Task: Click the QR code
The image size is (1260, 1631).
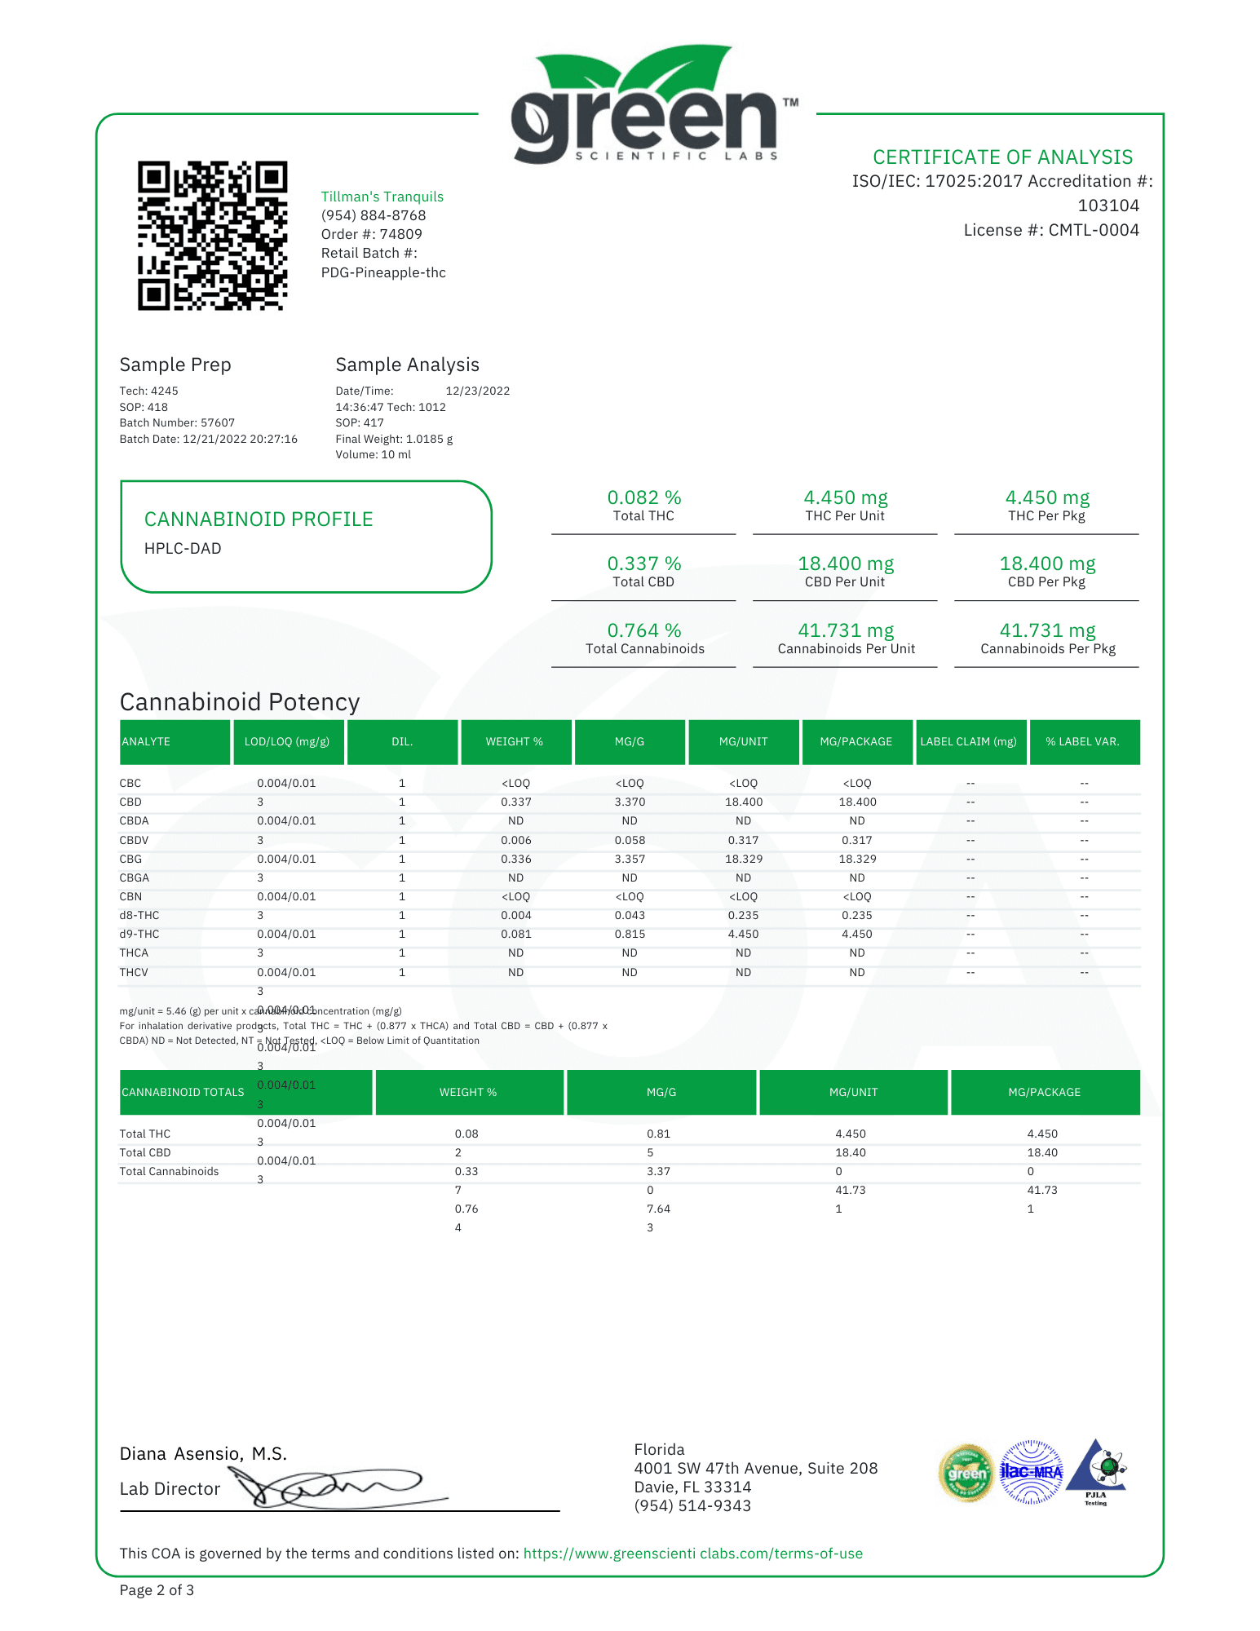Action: coord(212,236)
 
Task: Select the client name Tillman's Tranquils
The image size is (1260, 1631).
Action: coord(382,197)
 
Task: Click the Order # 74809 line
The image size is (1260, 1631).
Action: coord(371,234)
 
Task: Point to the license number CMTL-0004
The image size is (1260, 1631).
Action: coord(1051,230)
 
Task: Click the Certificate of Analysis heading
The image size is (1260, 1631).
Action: coord(1002,157)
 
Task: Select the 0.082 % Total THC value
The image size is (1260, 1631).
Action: coord(643,497)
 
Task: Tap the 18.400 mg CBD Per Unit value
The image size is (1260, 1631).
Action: coord(845,564)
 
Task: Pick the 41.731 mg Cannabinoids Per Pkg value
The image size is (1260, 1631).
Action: coord(1047,630)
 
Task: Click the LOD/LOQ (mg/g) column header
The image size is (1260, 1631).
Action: coord(287,741)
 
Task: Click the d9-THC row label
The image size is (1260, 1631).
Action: coord(139,934)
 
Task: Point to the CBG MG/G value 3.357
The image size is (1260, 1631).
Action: coord(630,859)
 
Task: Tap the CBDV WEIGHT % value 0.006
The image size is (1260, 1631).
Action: coord(515,840)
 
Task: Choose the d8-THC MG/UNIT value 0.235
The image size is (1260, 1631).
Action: coord(743,915)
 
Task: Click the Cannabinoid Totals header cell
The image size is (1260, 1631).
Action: coord(183,1092)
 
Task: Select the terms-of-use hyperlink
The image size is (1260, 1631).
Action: coord(692,1554)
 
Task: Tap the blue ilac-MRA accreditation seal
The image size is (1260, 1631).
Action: coord(1031,1472)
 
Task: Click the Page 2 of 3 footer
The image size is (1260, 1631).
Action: coord(157,1590)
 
